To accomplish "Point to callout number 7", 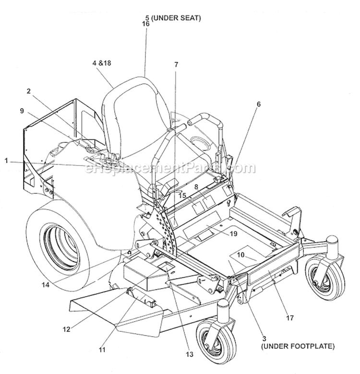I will pos(176,64).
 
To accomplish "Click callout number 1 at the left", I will pos(6,162).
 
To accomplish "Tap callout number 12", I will pos(66,329).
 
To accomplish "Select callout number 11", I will pos(101,351).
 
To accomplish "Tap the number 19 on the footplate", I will pos(234,234).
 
